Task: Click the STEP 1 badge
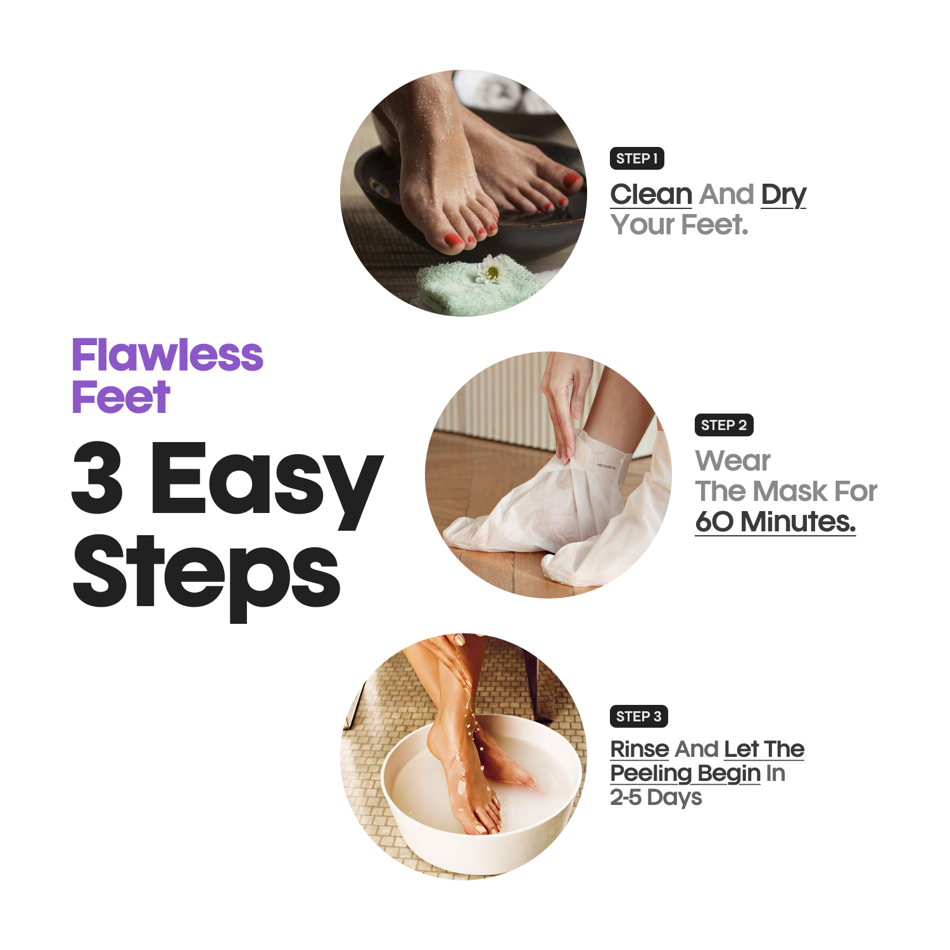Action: pos(636,158)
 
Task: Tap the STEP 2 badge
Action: pos(723,425)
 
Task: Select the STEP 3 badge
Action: pos(638,716)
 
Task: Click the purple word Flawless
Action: pos(167,355)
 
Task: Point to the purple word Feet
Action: pos(121,398)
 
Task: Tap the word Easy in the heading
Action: pos(266,481)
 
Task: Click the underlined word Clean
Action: pos(651,194)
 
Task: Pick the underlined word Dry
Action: pos(783,195)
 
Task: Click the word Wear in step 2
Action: pos(733,460)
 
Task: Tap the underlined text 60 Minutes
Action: pos(775,522)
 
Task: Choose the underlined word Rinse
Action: pos(640,749)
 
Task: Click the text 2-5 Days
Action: pos(656,797)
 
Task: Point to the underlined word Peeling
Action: pos(650,773)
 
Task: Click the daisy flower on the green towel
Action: pos(491,270)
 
